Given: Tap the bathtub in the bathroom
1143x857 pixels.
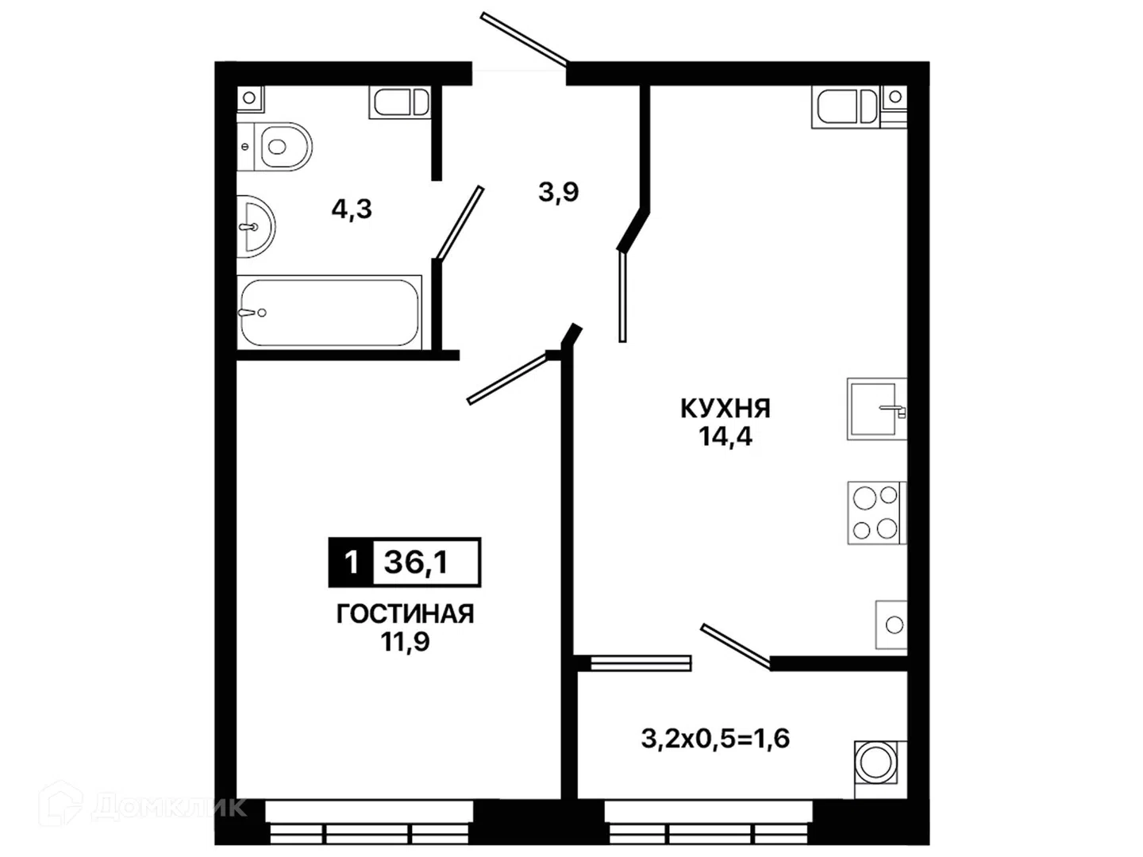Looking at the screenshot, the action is (329, 312).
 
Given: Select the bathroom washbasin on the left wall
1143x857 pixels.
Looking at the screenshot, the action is (256, 226).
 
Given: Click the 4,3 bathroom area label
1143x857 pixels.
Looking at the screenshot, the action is (352, 209).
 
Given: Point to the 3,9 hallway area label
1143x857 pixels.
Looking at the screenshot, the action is (558, 192).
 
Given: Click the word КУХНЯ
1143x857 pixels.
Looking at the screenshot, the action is (725, 409).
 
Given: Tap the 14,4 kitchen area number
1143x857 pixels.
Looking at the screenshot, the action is (725, 436).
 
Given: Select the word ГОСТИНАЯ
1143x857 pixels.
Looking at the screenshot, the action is (405, 614).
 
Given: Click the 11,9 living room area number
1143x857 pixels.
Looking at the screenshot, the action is (405, 642).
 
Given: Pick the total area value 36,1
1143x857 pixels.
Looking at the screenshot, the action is (416, 562).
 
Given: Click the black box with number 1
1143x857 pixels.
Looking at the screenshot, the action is (351, 562).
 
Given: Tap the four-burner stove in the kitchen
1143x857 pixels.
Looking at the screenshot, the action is (877, 513).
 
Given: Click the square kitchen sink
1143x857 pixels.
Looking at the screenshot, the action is (877, 409).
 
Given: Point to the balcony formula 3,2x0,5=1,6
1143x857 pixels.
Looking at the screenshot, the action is (715, 738).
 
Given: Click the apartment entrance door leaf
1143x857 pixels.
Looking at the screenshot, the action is (525, 40).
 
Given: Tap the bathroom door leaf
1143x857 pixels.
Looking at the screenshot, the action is (460, 223).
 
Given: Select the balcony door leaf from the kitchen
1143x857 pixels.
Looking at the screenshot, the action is (736, 646).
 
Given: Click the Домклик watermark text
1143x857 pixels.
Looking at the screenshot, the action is (169, 808).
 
